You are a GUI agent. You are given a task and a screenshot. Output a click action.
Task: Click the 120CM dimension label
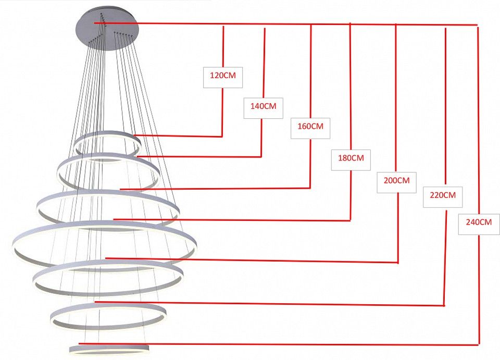click(x=223, y=78)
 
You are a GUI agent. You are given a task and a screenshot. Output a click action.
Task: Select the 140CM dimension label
click(x=264, y=108)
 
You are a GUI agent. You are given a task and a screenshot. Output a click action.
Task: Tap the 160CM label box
click(x=310, y=128)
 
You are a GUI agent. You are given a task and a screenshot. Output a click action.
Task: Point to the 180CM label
click(x=351, y=160)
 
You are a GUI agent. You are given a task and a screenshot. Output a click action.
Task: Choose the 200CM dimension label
click(x=396, y=182)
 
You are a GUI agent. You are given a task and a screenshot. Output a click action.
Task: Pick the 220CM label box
click(x=443, y=197)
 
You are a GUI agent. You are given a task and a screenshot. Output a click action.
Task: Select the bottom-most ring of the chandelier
click(x=109, y=345)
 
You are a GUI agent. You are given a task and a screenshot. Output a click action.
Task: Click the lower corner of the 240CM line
click(x=479, y=344)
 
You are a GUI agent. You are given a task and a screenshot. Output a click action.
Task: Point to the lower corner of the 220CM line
click(x=444, y=305)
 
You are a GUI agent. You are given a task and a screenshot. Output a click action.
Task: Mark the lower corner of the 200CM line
click(x=398, y=263)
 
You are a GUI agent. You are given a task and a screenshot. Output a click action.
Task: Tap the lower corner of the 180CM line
click(x=351, y=220)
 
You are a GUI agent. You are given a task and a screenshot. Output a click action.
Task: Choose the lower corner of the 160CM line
click(x=310, y=188)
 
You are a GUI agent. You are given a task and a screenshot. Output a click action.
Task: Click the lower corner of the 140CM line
click(x=261, y=157)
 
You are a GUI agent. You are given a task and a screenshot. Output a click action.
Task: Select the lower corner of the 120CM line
click(x=222, y=136)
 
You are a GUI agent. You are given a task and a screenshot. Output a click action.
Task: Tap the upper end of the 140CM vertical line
click(x=265, y=28)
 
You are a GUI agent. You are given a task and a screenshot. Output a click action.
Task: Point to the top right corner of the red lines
click(x=477, y=25)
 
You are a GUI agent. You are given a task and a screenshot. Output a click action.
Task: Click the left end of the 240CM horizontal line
click(x=79, y=343)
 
